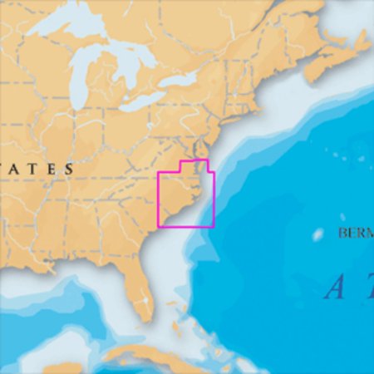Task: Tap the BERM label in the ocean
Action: (x=355, y=233)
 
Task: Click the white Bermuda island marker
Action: (x=317, y=235)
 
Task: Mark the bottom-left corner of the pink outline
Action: (x=159, y=226)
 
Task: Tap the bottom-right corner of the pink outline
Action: (x=214, y=226)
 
